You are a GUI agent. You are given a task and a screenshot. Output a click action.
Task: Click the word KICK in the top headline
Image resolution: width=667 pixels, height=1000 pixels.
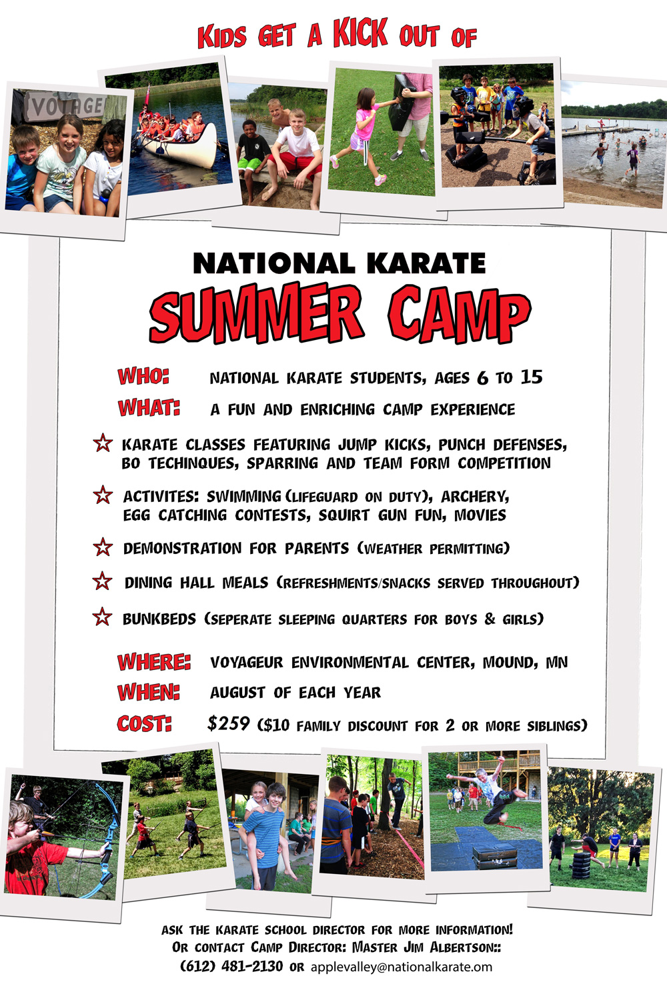click(361, 33)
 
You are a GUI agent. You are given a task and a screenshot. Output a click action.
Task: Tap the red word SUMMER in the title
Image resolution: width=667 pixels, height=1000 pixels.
click(256, 313)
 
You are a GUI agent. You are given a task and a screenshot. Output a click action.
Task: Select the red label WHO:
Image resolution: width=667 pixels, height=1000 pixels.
click(143, 377)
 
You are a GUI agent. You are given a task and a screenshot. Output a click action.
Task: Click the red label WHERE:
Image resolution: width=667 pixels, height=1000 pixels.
click(154, 661)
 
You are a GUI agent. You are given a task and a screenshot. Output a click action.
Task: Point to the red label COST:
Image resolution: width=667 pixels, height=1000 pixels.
click(144, 723)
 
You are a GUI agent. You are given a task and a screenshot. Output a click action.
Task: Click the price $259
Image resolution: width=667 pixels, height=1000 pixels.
click(228, 723)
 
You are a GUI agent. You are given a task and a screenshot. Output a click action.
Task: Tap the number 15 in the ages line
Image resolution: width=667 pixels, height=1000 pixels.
click(531, 377)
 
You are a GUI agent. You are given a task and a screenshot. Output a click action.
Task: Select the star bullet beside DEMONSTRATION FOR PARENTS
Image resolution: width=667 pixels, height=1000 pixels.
click(103, 547)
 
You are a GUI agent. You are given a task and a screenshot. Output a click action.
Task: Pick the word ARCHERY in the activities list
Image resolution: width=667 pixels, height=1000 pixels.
click(475, 497)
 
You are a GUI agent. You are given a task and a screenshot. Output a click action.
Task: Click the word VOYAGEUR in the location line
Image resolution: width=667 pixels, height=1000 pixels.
click(246, 663)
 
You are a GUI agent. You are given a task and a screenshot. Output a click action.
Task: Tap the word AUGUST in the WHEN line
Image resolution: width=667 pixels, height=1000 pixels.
click(237, 693)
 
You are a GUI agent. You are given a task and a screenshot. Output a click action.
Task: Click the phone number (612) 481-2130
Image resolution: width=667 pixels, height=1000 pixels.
click(231, 966)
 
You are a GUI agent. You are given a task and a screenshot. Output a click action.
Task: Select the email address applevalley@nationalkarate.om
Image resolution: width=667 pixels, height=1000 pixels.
click(401, 967)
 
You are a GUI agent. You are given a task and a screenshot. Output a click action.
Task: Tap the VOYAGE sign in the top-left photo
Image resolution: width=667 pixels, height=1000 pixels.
click(67, 106)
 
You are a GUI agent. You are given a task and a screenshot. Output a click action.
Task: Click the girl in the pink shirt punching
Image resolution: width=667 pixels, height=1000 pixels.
click(362, 135)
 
